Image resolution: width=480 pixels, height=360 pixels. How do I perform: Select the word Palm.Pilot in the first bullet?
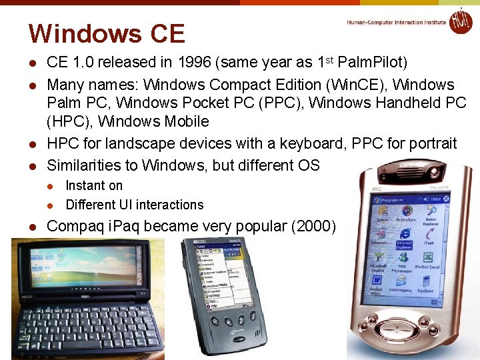(x=372, y=63)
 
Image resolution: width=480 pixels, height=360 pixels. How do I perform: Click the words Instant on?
(x=94, y=185)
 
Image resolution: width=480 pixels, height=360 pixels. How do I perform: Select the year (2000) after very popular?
(x=313, y=226)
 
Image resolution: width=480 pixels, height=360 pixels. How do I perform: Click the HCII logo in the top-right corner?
(x=460, y=21)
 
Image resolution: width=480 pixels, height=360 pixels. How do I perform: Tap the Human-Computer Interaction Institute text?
(x=396, y=22)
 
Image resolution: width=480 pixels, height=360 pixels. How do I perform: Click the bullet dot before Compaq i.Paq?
(x=31, y=227)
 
